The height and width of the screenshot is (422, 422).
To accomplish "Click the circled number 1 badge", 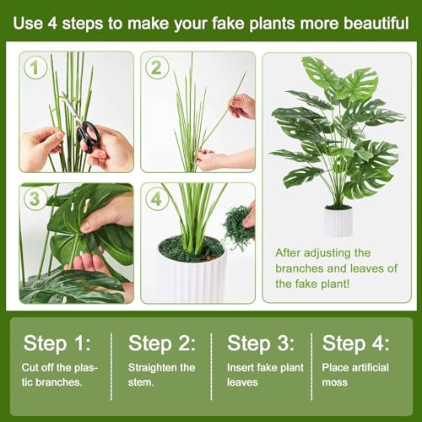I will [35, 68].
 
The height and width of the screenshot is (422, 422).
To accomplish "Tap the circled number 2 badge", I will [156, 68].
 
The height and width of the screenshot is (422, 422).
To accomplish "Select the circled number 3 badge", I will [35, 199].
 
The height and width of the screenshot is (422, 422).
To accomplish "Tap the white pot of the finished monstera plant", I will [338, 222].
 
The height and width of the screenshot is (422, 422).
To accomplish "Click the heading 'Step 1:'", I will [57, 343].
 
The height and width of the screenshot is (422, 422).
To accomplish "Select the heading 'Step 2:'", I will [161, 343].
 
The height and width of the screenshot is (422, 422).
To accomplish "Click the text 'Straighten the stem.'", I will [161, 375].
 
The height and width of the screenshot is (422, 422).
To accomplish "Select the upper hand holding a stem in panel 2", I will [242, 105].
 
